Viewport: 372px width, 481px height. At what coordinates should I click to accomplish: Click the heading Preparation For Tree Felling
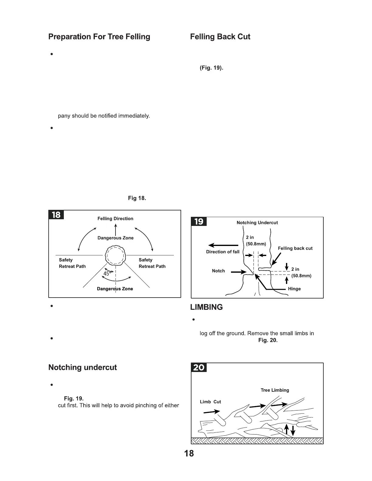coord(99,37)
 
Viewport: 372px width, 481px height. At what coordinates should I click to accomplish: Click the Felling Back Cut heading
coord(220,37)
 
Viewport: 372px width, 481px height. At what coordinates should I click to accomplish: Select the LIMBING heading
coord(206,307)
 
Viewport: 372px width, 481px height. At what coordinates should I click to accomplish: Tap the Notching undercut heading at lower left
coord(82,367)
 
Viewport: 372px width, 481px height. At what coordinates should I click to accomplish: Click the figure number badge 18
coord(56,215)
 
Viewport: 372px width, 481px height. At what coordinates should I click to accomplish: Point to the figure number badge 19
coord(199,222)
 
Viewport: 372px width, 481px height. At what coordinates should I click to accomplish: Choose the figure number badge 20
coord(199,367)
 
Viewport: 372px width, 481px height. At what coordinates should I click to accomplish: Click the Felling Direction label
coord(115,219)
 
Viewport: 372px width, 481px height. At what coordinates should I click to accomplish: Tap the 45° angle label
coord(107,274)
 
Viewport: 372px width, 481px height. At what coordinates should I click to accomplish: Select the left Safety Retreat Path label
coord(72,263)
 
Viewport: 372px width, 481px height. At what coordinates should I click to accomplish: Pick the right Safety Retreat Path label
coord(152,263)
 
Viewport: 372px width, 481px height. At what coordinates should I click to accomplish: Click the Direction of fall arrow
coord(223,245)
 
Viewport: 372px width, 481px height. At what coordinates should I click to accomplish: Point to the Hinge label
coord(294,289)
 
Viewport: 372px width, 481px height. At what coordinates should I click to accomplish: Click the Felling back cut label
coord(295,248)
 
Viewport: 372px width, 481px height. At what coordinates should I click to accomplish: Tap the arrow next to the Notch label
coord(238,272)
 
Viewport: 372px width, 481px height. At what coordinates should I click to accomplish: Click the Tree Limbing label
coord(275,390)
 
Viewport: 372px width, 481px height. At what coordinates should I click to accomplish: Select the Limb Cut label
coord(210,402)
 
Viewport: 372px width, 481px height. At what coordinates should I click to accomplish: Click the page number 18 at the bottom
coord(189,453)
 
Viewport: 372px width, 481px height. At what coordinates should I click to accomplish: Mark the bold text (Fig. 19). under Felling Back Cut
coord(211,68)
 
